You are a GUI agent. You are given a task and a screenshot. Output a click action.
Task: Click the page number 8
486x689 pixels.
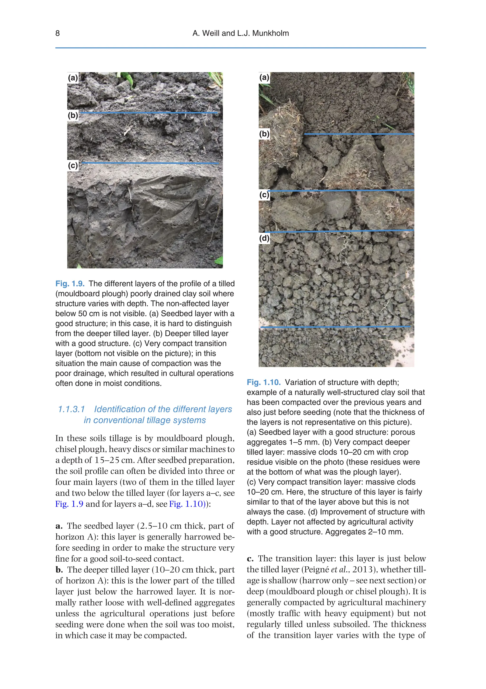tap(58, 33)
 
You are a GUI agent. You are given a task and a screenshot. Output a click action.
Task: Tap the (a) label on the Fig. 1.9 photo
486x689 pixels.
tap(73, 78)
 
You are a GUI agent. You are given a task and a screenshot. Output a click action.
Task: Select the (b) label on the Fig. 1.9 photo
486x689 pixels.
tap(73, 115)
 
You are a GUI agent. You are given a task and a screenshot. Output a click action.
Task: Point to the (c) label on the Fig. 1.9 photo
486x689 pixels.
tap(73, 165)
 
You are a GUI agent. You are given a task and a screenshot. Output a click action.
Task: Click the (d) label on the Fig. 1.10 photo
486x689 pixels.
tap(264, 238)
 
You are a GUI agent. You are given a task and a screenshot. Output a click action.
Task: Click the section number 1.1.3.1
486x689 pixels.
tap(71, 409)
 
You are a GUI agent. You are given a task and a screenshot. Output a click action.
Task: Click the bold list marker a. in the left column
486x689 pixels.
tap(59, 526)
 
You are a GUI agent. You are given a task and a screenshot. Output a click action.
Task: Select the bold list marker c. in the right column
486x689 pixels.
tap(250, 559)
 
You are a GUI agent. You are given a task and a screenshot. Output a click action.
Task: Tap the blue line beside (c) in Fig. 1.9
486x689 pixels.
tap(150, 163)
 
